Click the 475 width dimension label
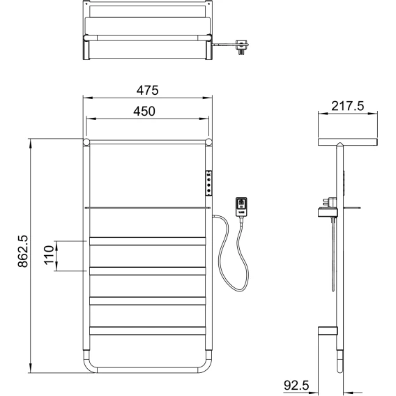coord(148,91)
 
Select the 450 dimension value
coord(144,112)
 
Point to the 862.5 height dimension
coord(23,251)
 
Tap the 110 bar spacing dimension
coord(49,255)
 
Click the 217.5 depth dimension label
coord(348,106)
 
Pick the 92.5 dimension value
coord(296,386)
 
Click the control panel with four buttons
coord(208,183)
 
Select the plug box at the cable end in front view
coord(241,207)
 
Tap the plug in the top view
coord(242,47)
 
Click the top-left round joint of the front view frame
coord(86,142)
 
